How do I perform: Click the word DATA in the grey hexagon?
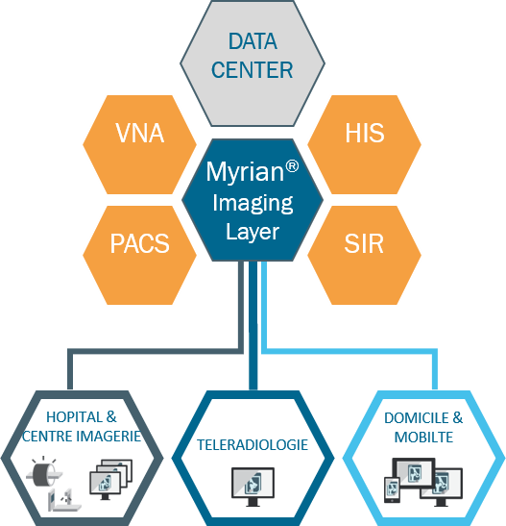(253, 41)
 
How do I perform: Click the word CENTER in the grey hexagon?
(253, 70)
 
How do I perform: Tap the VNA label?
(139, 133)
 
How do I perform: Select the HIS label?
(365, 133)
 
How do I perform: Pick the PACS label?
(139, 243)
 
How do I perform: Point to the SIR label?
(364, 243)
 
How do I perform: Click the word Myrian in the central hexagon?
(245, 173)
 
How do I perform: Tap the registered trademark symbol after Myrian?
(292, 166)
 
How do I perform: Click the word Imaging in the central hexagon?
(253, 204)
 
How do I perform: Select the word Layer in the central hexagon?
(253, 232)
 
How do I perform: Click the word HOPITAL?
(74, 417)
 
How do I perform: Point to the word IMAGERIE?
(108, 437)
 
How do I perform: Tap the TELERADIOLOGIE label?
(253, 445)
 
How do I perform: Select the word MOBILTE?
(424, 438)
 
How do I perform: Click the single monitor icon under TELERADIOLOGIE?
(253, 487)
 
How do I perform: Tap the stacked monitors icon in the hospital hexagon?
(110, 480)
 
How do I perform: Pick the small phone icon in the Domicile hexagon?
(392, 489)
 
